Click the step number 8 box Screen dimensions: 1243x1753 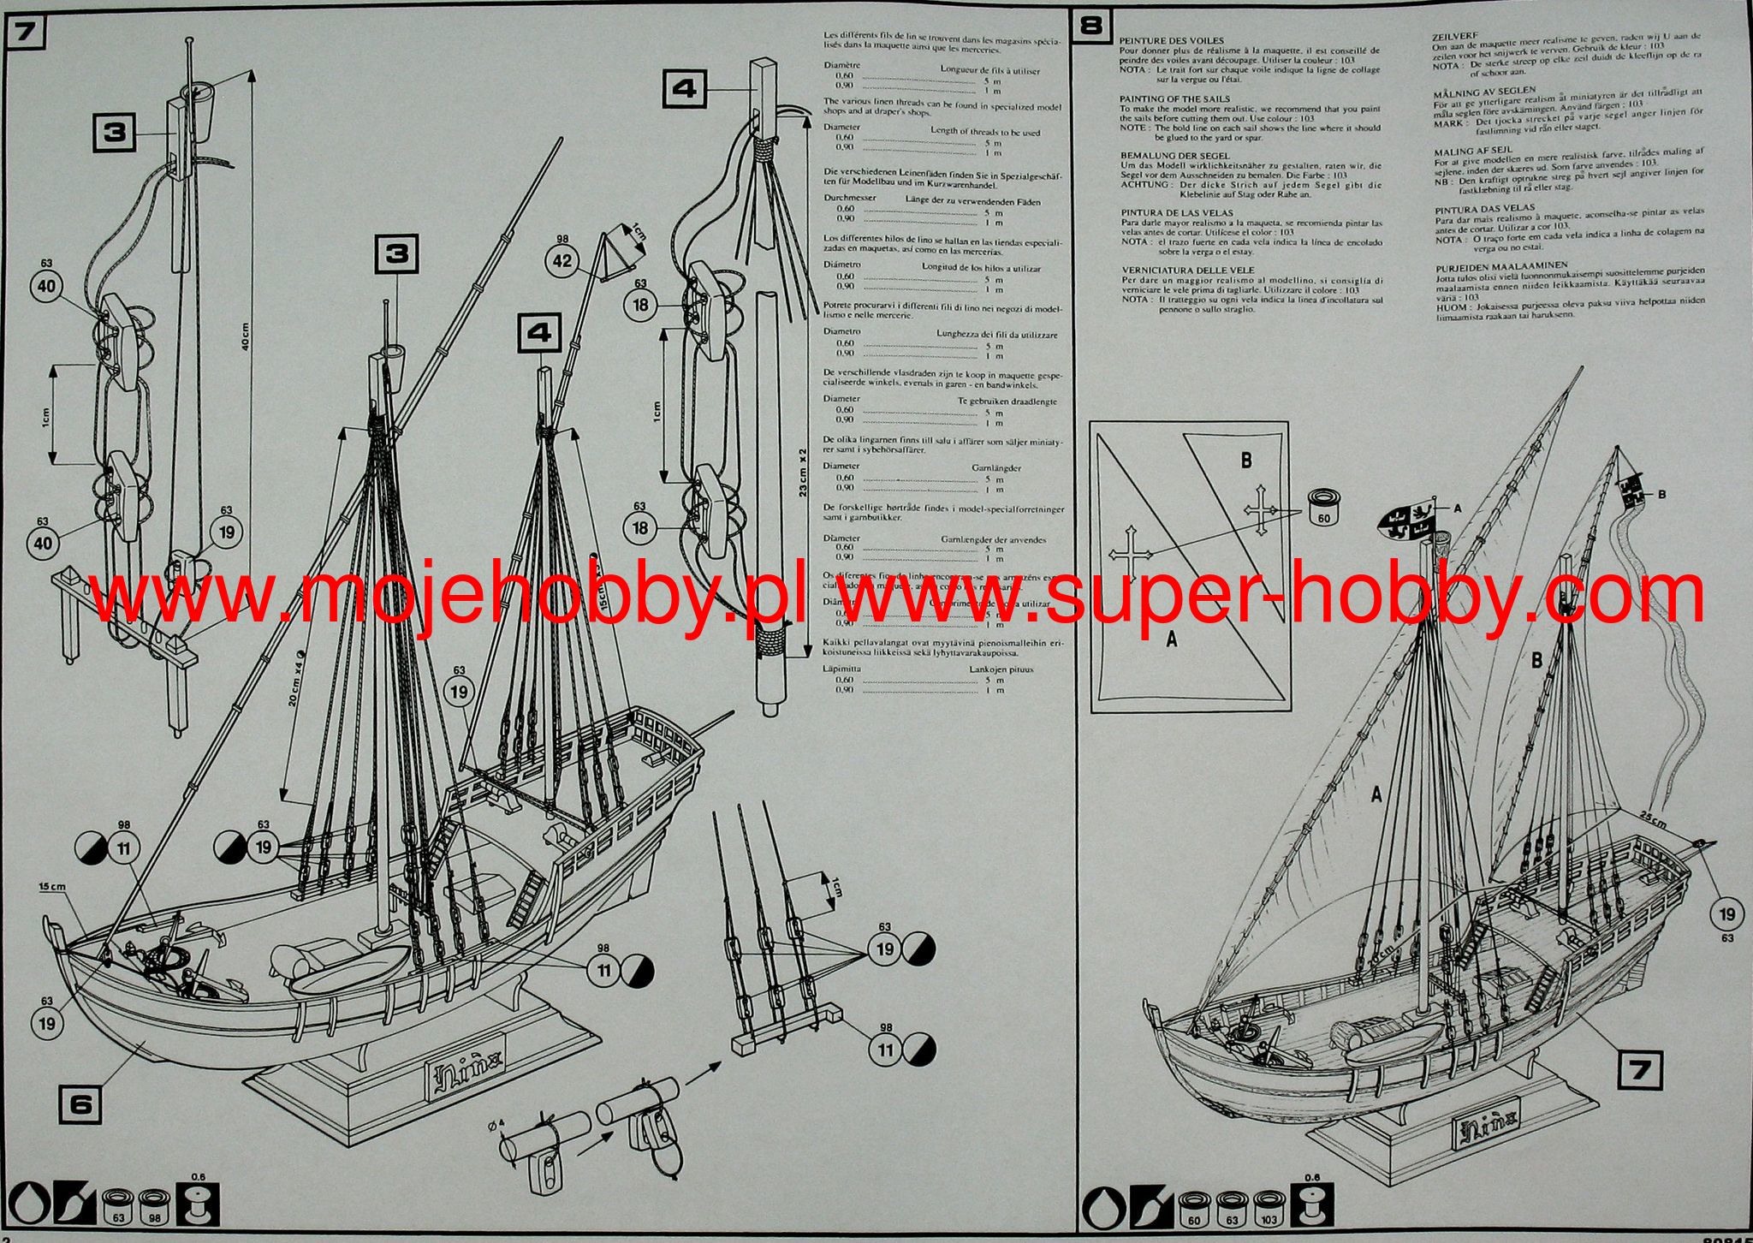(x=1091, y=26)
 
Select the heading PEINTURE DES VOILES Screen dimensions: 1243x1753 (x=1172, y=41)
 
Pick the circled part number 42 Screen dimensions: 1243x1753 (x=562, y=261)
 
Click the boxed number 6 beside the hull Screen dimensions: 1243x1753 (x=80, y=1104)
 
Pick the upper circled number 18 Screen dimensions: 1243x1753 (x=640, y=305)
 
